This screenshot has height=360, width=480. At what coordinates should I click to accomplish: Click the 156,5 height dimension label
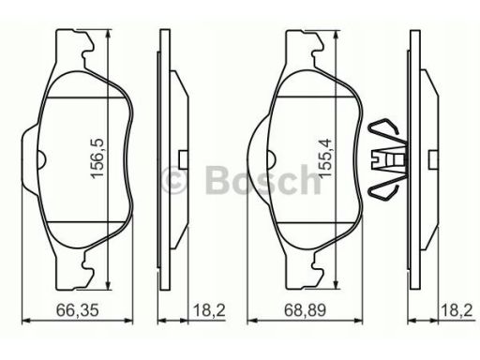coord(97,158)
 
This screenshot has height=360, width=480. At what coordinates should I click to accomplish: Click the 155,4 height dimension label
coord(324,158)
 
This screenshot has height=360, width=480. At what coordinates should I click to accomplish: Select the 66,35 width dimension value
coord(78,310)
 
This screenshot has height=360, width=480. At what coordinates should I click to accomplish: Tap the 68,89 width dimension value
coord(305,310)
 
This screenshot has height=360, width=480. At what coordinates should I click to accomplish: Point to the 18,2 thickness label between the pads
coord(209,310)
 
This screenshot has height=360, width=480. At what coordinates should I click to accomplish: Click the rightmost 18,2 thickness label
coord(457,310)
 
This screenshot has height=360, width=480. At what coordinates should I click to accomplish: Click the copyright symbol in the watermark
coord(173,180)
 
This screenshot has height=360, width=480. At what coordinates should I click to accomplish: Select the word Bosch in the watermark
coord(263,180)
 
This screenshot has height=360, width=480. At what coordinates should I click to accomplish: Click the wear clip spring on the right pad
coord(387,159)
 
